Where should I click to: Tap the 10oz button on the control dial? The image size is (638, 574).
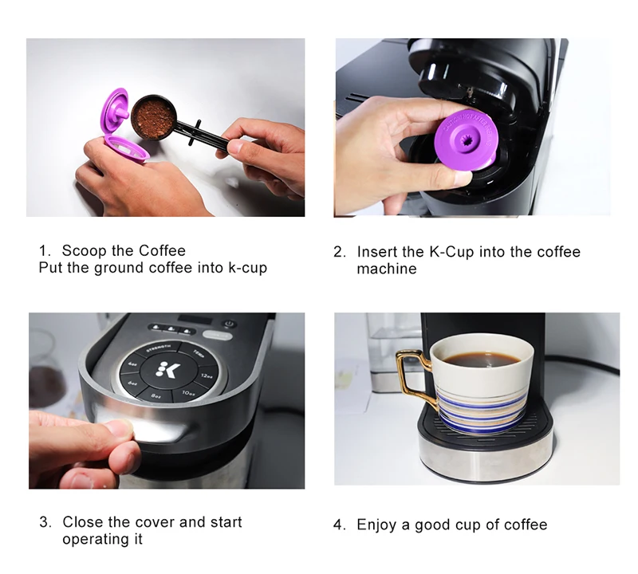(x=188, y=393)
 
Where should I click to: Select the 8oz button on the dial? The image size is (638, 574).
(x=156, y=395)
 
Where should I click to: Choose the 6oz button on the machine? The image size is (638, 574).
(x=132, y=383)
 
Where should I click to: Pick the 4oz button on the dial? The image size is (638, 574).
(x=133, y=364)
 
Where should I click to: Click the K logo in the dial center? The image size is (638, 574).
(x=167, y=370)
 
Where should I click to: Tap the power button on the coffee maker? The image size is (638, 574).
(x=230, y=324)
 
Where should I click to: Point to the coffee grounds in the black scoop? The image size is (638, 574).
(x=153, y=117)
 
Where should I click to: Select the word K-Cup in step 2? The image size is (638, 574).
(x=451, y=252)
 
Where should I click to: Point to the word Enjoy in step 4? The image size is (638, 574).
(x=376, y=525)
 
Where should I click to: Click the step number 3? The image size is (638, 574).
(x=45, y=522)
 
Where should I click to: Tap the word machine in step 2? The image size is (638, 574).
(x=387, y=269)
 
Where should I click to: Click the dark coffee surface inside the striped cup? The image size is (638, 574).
(x=481, y=360)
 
